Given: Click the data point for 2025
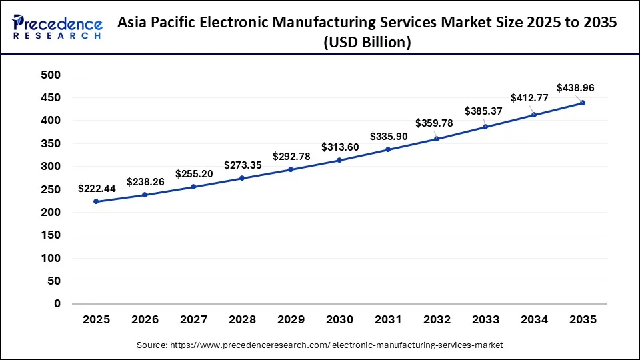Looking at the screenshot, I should point(97,201).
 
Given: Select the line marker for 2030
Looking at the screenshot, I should point(339,160).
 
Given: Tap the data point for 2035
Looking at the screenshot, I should point(583,103).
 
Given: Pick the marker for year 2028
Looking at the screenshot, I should point(242,178).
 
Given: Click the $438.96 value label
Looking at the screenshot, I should point(575,87).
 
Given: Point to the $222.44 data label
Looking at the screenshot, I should point(97,189).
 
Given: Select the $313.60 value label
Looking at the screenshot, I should point(339,147).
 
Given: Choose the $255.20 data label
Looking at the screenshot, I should point(194,174).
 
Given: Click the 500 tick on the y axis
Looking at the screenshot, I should point(51,75).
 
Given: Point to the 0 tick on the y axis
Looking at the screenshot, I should point(57,304).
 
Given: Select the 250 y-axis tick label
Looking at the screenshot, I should point(51,190).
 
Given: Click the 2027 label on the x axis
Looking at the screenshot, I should point(193,320).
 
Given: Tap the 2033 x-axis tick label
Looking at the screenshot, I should point(485,320).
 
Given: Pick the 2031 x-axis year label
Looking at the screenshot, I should point(388,320).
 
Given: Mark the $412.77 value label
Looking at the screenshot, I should point(529,98).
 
